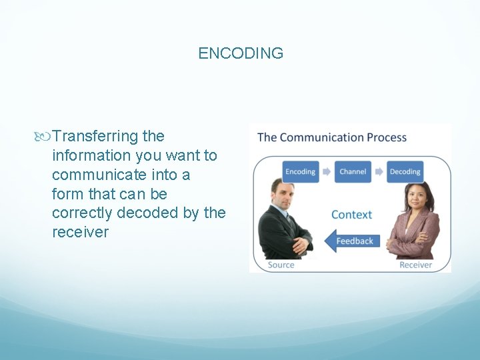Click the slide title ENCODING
tap(241, 53)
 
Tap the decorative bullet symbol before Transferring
tap(45, 137)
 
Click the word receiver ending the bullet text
tap(80, 233)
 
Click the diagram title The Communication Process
tap(331, 138)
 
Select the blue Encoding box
tap(300, 171)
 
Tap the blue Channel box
tap(353, 171)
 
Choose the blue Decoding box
tap(405, 171)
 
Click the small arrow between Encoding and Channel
tap(327, 171)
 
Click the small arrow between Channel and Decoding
tap(379, 171)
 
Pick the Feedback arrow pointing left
tap(352, 241)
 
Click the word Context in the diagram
tap(351, 215)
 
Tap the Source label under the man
tap(281, 265)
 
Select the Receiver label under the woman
tap(415, 265)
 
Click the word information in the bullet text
tap(91, 156)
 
